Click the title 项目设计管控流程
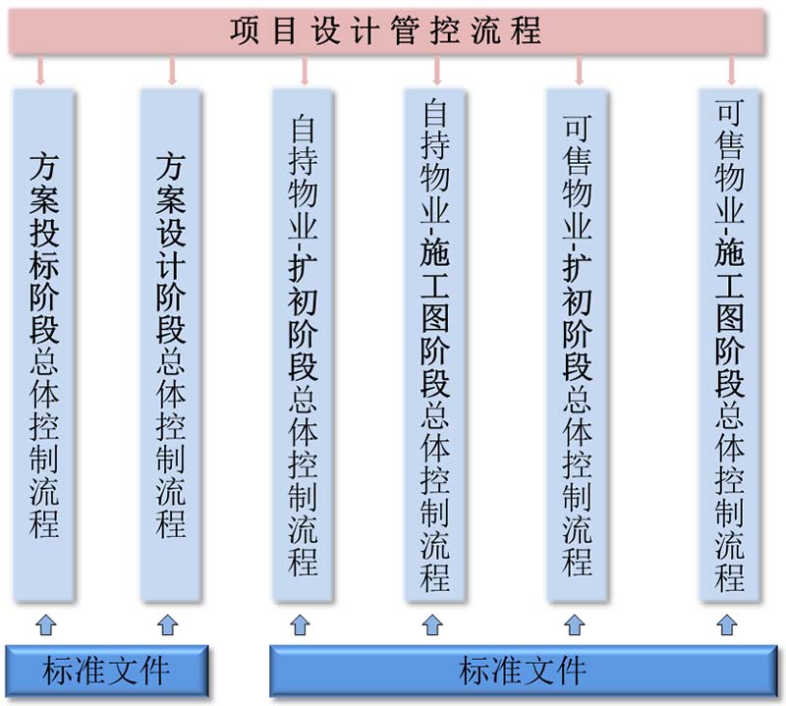[386, 30]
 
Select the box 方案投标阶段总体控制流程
[43, 344]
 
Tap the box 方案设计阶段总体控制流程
[170, 344]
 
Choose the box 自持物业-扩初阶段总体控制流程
[303, 344]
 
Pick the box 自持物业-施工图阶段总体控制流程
[435, 344]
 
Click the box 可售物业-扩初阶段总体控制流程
[577, 344]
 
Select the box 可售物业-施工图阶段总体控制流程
[730, 344]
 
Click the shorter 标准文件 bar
[107, 671]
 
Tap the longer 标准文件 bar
[524, 671]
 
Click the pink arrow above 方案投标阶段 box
[40, 70]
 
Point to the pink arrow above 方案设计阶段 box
[173, 70]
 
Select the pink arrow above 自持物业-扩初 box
[305, 70]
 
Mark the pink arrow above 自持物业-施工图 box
[437, 70]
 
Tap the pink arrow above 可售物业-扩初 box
[580, 70]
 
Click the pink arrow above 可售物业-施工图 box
[731, 70]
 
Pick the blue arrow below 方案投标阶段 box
[46, 625]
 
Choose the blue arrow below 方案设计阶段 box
[168, 625]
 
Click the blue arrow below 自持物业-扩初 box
[301, 625]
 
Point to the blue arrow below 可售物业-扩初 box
[575, 625]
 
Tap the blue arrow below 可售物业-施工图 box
[727, 625]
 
